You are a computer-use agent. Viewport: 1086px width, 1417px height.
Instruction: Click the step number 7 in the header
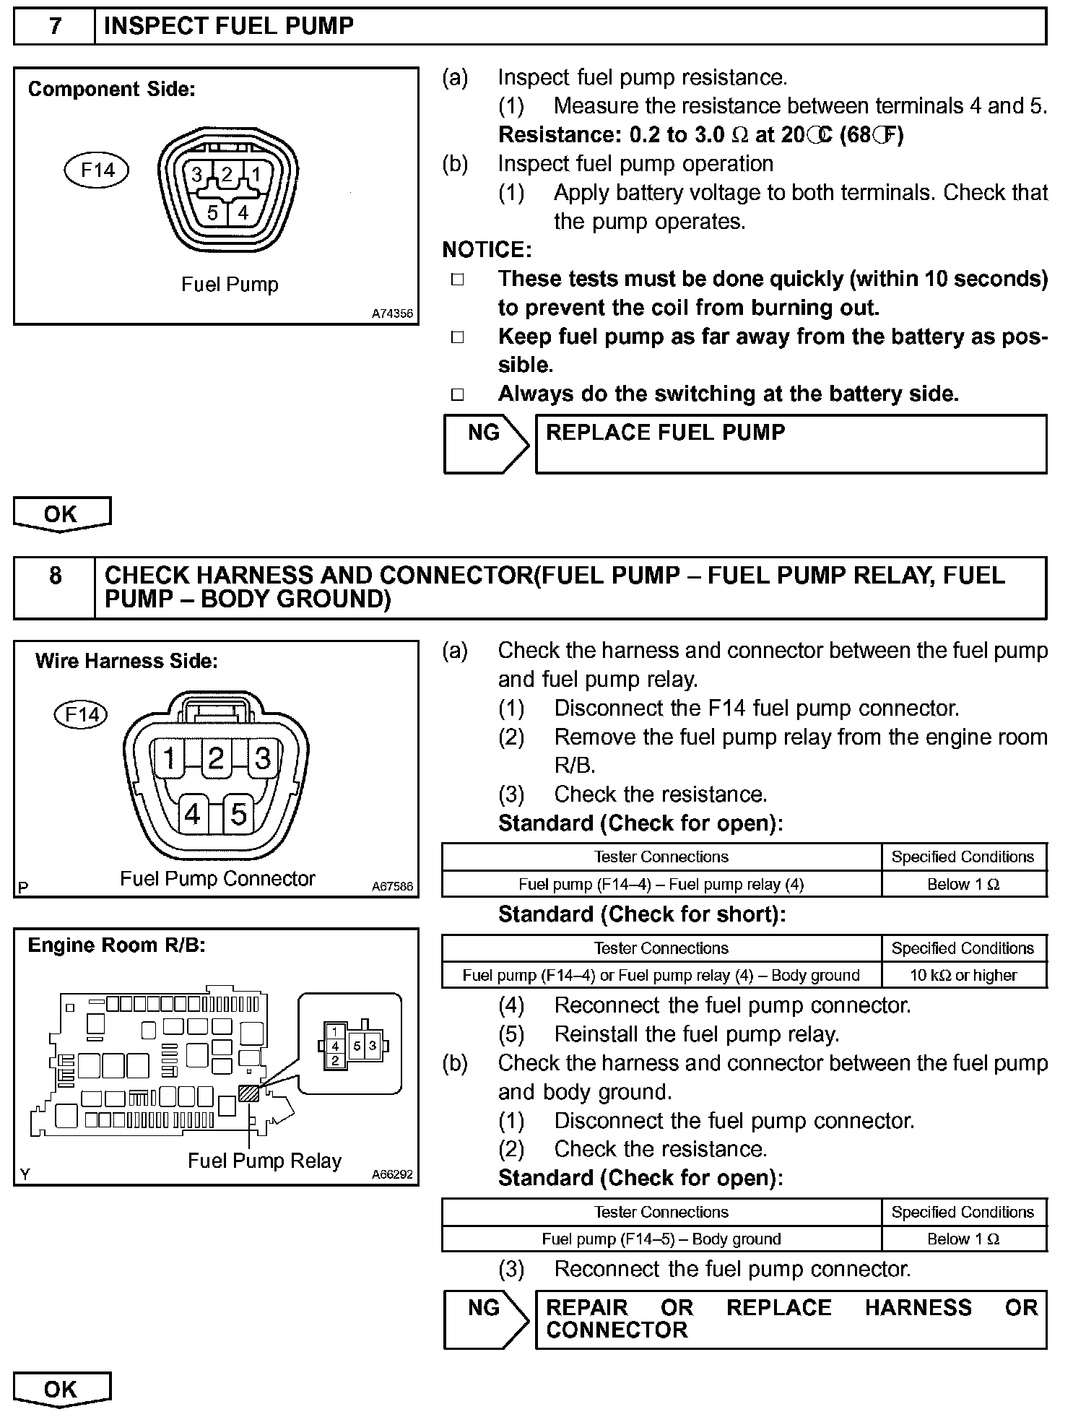pyautogui.click(x=55, y=26)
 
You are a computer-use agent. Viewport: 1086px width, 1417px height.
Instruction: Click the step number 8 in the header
pyautogui.click(x=55, y=576)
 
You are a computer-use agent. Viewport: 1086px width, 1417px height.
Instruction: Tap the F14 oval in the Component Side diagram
pyautogui.click(x=97, y=170)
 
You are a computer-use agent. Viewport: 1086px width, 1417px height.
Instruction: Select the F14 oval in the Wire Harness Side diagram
pyautogui.click(x=82, y=714)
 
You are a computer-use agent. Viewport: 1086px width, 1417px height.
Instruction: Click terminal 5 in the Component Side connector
pyautogui.click(x=212, y=212)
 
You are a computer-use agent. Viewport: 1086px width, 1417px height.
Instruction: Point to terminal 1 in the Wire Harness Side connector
pyautogui.click(x=170, y=758)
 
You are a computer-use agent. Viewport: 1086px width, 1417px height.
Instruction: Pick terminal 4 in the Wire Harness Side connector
pyautogui.click(x=192, y=814)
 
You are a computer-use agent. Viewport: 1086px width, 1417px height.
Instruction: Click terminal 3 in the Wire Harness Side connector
pyautogui.click(x=263, y=758)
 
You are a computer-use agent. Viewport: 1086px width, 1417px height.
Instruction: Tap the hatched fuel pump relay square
pyautogui.click(x=249, y=1093)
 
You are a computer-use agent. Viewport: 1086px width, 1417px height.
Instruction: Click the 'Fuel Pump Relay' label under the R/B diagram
pyautogui.click(x=264, y=1161)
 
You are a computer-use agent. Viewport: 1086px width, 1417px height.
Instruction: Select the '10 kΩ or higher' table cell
pyautogui.click(x=963, y=975)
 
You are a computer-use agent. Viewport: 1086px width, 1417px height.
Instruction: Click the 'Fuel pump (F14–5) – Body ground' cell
pyautogui.click(x=661, y=1239)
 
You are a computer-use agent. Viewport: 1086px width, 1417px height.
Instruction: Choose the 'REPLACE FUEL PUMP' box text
pyautogui.click(x=665, y=433)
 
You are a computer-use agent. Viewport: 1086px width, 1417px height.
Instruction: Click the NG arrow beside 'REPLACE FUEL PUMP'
pyautogui.click(x=485, y=443)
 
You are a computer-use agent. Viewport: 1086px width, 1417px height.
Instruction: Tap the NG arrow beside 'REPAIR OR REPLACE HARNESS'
pyautogui.click(x=485, y=1319)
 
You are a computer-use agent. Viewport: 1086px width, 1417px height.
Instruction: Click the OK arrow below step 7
pyautogui.click(x=61, y=514)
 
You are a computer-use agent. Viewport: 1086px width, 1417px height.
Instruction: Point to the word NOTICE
pyautogui.click(x=487, y=250)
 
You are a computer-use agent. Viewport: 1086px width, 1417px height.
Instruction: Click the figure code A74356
pyautogui.click(x=392, y=313)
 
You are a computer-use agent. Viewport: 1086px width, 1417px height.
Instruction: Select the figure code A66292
pyautogui.click(x=392, y=1174)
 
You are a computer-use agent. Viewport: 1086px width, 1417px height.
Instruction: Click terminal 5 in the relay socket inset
pyautogui.click(x=357, y=1045)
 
